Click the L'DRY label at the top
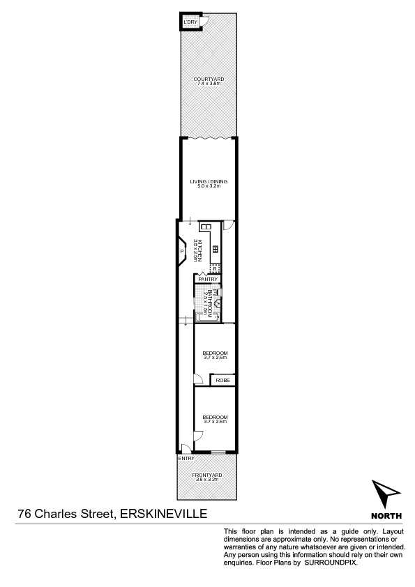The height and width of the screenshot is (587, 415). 190,23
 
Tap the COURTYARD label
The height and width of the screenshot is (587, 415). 209,79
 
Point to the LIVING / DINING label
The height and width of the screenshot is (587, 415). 209,182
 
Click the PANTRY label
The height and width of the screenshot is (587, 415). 207,280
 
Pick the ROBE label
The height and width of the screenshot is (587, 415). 222,380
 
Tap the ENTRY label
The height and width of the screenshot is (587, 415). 186,458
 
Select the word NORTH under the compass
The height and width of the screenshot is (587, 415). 386,516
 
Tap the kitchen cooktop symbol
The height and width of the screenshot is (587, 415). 216,249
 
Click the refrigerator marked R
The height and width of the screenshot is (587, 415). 215,268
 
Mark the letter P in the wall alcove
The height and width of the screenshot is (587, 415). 181,251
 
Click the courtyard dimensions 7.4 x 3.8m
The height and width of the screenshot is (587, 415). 209,84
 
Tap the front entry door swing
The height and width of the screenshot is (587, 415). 184,448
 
